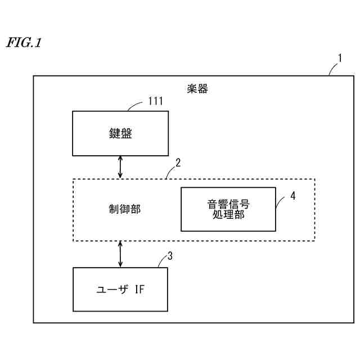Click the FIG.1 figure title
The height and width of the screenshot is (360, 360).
(24, 43)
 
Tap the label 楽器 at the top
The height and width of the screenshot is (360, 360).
(197, 89)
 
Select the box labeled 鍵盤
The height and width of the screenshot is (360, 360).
(120, 133)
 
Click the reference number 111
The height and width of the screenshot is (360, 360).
(155, 101)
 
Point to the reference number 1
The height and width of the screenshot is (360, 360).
(339, 57)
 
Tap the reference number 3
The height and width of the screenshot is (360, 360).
(170, 256)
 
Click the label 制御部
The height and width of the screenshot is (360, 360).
(124, 209)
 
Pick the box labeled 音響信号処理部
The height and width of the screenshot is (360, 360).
(228, 209)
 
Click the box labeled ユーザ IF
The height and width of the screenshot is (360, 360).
(120, 290)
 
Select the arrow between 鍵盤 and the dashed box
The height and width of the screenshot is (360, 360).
(120, 167)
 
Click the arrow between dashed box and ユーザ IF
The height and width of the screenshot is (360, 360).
(120, 254)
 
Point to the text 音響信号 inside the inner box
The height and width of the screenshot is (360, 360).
(228, 204)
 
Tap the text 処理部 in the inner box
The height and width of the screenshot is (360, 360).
(228, 215)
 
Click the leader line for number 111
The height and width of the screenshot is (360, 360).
(136, 105)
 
